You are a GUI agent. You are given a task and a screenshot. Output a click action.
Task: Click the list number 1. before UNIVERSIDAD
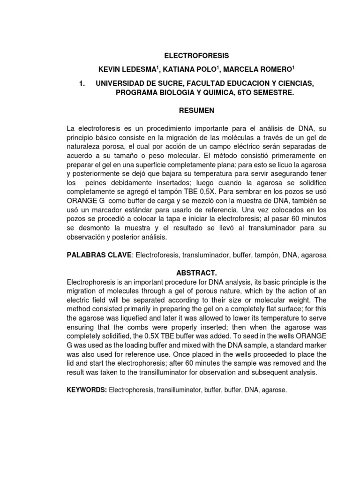tap(82, 83)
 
